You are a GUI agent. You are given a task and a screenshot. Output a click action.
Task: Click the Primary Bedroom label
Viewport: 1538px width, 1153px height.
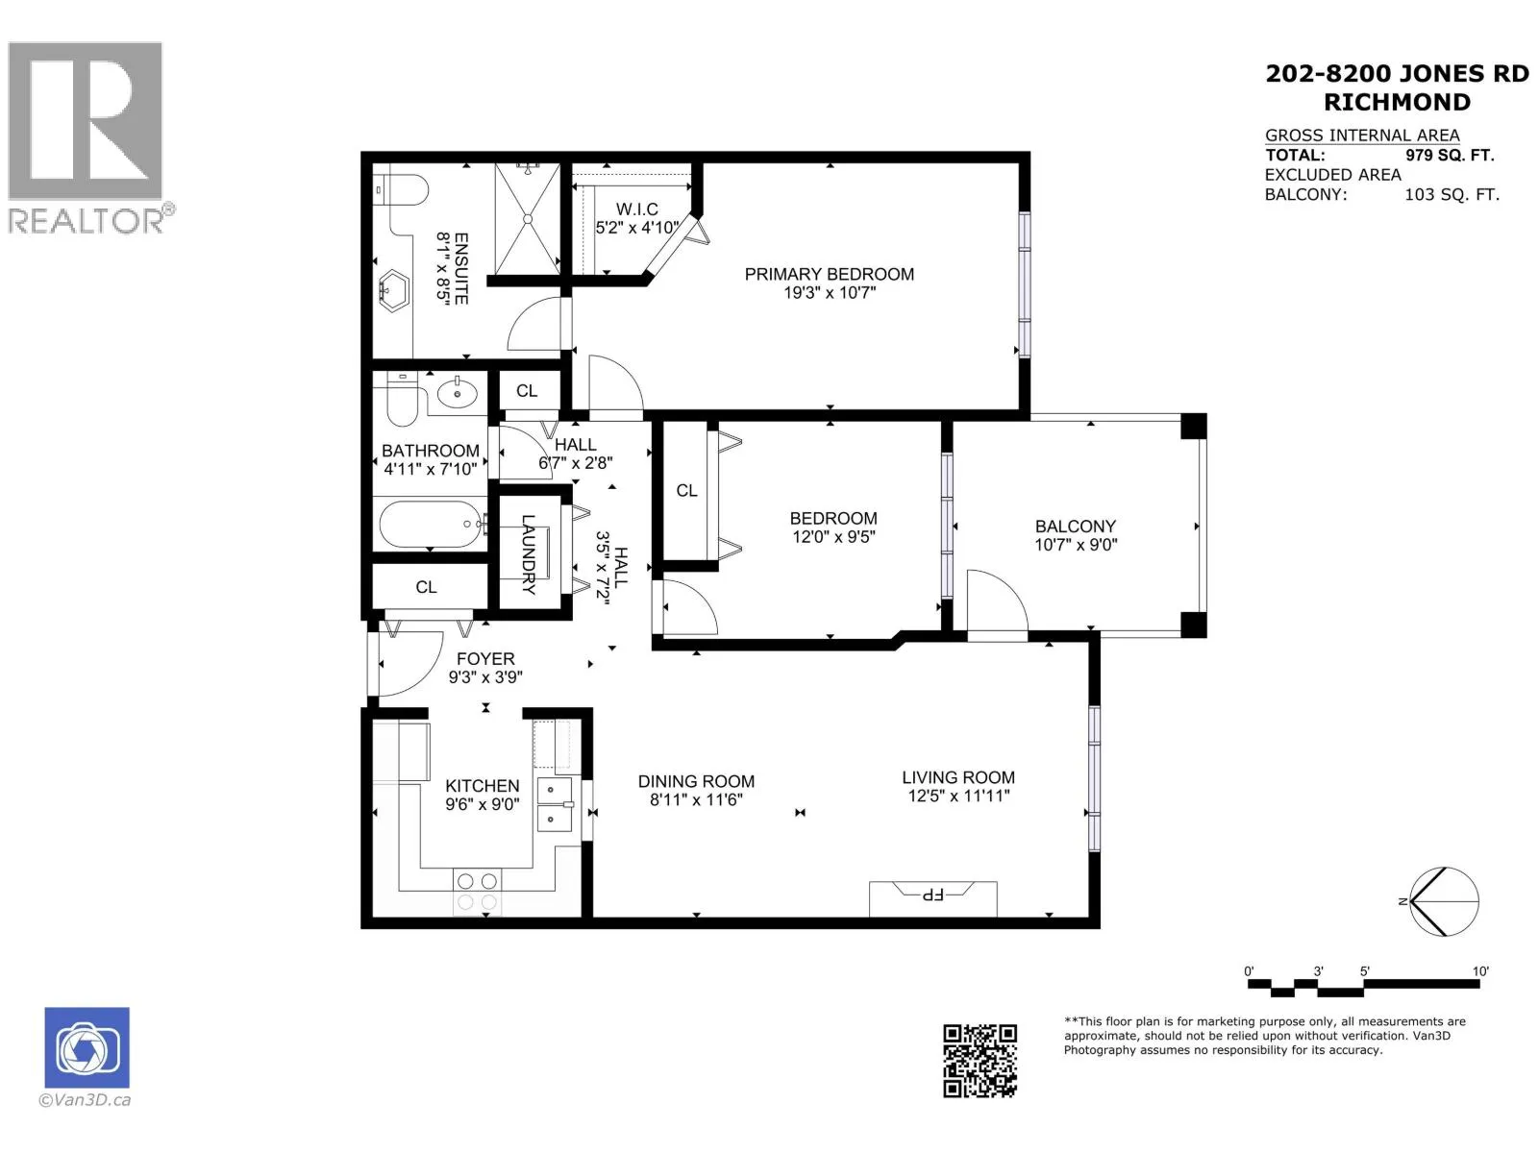click(829, 274)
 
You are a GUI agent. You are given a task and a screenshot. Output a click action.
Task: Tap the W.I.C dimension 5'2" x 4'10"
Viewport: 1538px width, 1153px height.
click(637, 228)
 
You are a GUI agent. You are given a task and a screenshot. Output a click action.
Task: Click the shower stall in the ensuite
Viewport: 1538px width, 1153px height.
click(528, 219)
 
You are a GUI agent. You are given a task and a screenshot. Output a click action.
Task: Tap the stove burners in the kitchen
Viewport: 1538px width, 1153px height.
click(477, 892)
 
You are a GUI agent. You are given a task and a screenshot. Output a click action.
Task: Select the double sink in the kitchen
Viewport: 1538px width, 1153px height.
click(555, 803)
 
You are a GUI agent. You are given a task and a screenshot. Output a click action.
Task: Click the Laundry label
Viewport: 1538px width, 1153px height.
click(529, 554)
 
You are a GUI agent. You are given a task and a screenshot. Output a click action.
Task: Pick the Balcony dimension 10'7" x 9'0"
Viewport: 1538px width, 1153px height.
click(1076, 544)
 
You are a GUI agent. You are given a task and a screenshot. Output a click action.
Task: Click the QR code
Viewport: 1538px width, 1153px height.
click(980, 1061)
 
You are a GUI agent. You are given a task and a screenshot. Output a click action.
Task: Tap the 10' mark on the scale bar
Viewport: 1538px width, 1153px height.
click(1479, 971)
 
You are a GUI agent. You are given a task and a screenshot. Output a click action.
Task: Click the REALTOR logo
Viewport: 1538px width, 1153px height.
click(89, 137)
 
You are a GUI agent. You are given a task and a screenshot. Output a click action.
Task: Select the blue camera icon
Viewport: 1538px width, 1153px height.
click(87, 1047)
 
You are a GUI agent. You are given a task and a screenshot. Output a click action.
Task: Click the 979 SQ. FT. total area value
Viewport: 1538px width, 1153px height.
click(1450, 155)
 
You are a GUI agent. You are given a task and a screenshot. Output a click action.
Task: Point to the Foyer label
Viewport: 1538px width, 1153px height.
click(485, 659)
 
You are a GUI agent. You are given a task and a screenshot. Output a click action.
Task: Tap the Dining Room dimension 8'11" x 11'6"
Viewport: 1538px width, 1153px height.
click(696, 799)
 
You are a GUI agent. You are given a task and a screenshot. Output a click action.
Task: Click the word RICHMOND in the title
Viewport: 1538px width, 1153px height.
click(1397, 102)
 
